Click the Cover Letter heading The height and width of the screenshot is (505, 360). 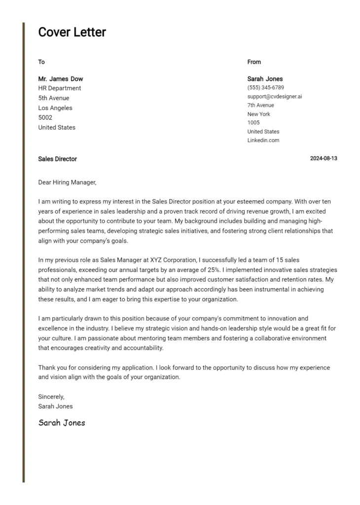(72, 33)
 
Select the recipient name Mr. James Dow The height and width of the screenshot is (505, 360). (61, 79)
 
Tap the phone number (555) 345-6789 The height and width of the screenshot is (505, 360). (265, 88)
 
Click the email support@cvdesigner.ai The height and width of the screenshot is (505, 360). (275, 97)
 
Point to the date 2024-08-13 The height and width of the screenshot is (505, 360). (324, 159)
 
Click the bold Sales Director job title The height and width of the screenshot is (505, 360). (57, 159)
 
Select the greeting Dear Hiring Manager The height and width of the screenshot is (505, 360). (67, 182)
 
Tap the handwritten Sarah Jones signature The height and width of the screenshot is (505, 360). (62, 423)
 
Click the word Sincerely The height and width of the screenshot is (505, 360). (51, 397)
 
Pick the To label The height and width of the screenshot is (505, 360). (41, 62)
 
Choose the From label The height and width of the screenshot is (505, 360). (254, 62)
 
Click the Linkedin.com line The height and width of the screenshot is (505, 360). (263, 141)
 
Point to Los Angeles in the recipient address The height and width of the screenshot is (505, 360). (55, 108)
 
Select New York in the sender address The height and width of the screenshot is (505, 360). (259, 114)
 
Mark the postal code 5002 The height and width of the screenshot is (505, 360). (45, 118)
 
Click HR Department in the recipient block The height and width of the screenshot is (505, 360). (60, 88)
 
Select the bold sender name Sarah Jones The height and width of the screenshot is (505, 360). (265, 79)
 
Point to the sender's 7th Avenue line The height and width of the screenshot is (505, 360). (261, 105)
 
